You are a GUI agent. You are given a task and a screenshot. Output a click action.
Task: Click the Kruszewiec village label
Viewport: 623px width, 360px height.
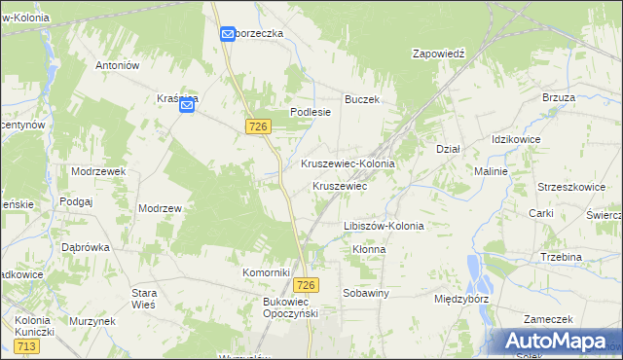click(339, 186)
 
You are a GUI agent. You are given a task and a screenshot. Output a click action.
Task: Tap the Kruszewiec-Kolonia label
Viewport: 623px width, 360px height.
click(348, 164)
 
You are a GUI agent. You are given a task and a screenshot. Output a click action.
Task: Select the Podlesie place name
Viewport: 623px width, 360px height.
click(311, 112)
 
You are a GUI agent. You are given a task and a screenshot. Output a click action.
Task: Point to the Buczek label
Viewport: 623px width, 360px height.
click(361, 99)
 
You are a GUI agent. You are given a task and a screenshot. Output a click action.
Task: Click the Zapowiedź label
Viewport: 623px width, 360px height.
click(440, 54)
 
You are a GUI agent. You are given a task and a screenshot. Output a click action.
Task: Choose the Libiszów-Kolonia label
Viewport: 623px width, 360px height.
click(384, 226)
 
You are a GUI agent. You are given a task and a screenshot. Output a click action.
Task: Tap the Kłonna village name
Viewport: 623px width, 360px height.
click(369, 249)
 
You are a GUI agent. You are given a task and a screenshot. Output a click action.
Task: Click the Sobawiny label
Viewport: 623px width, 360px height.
click(366, 292)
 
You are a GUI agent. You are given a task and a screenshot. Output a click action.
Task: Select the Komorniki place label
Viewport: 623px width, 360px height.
click(267, 273)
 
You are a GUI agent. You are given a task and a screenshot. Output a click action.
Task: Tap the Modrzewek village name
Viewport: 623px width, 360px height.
click(98, 170)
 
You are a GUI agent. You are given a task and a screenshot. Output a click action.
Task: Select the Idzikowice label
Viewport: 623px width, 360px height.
click(516, 139)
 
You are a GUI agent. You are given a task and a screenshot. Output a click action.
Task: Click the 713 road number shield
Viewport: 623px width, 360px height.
click(27, 346)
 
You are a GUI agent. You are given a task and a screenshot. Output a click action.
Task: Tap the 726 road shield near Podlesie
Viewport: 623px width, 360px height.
click(258, 126)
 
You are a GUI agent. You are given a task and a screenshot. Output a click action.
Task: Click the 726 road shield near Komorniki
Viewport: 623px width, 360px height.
click(306, 284)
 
